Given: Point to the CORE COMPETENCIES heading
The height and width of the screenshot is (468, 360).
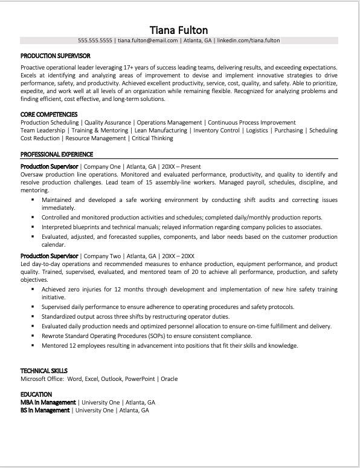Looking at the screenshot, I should tap(48, 114).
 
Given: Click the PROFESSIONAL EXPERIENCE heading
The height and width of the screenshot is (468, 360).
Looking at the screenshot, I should tap(57, 154).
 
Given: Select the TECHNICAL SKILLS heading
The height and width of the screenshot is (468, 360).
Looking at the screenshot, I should tap(44, 371).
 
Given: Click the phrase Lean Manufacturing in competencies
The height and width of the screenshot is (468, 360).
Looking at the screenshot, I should tap(160, 130).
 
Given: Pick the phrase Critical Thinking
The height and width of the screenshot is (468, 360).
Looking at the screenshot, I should tap(152, 138).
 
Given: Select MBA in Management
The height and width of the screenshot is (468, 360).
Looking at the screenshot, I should tap(48, 402).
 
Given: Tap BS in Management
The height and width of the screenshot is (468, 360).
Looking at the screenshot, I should tap(45, 411).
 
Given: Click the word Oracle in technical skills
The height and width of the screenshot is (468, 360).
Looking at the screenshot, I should tap(170, 379).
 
